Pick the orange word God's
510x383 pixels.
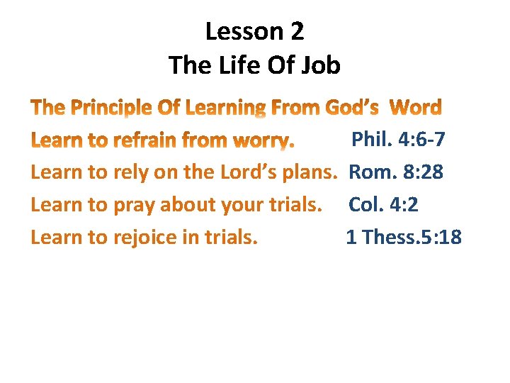(352, 108)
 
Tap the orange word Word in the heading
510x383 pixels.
(416, 108)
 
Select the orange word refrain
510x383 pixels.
(142, 140)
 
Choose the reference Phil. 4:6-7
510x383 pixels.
(398, 139)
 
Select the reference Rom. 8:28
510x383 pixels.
(396, 172)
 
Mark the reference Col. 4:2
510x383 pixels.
(383, 204)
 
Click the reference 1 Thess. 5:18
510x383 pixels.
(403, 237)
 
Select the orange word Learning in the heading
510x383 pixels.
(225, 108)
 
